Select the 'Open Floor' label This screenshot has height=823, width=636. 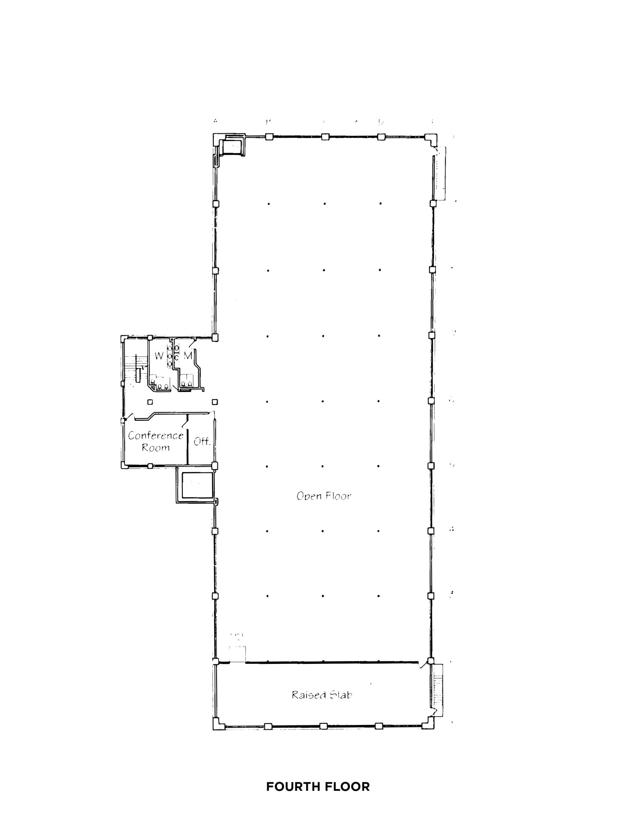point(324,496)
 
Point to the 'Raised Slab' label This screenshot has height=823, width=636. point(322,695)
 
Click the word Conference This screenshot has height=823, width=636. point(155,436)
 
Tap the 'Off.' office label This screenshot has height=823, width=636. point(202,442)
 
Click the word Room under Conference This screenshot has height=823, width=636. point(155,448)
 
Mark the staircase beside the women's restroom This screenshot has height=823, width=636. point(135,368)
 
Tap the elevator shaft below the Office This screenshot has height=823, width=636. point(197,485)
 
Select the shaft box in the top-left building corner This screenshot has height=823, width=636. point(232,146)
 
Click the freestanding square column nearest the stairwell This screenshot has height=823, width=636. point(150,402)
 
